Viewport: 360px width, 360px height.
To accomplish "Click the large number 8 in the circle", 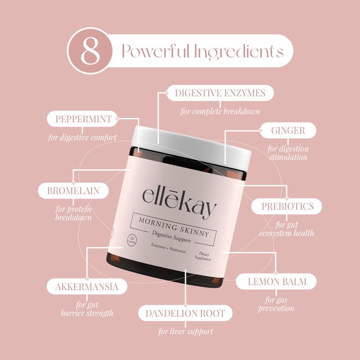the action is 90,51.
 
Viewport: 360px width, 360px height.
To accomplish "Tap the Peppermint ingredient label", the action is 82,119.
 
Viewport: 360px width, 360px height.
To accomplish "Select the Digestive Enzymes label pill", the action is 220,93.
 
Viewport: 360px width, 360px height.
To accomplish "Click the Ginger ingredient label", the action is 288,130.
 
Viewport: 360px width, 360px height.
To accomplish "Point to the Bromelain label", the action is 73,190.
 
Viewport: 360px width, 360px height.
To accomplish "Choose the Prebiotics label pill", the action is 287,206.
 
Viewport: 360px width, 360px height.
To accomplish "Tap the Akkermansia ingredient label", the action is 87,286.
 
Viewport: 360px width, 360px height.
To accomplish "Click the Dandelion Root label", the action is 185,313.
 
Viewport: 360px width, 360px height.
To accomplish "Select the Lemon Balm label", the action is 276,282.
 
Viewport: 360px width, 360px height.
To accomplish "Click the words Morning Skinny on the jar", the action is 174,227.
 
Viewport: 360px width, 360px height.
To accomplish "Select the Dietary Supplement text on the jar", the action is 203,256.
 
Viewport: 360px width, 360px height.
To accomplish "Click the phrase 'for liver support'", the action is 185,331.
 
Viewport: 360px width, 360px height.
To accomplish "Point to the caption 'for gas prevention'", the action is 276,304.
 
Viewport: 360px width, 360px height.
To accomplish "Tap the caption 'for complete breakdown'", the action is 220,111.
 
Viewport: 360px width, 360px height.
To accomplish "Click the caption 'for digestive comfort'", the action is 82,137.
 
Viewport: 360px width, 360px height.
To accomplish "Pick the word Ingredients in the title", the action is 238,52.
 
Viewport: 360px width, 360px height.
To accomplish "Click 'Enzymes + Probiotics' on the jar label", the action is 168,248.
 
